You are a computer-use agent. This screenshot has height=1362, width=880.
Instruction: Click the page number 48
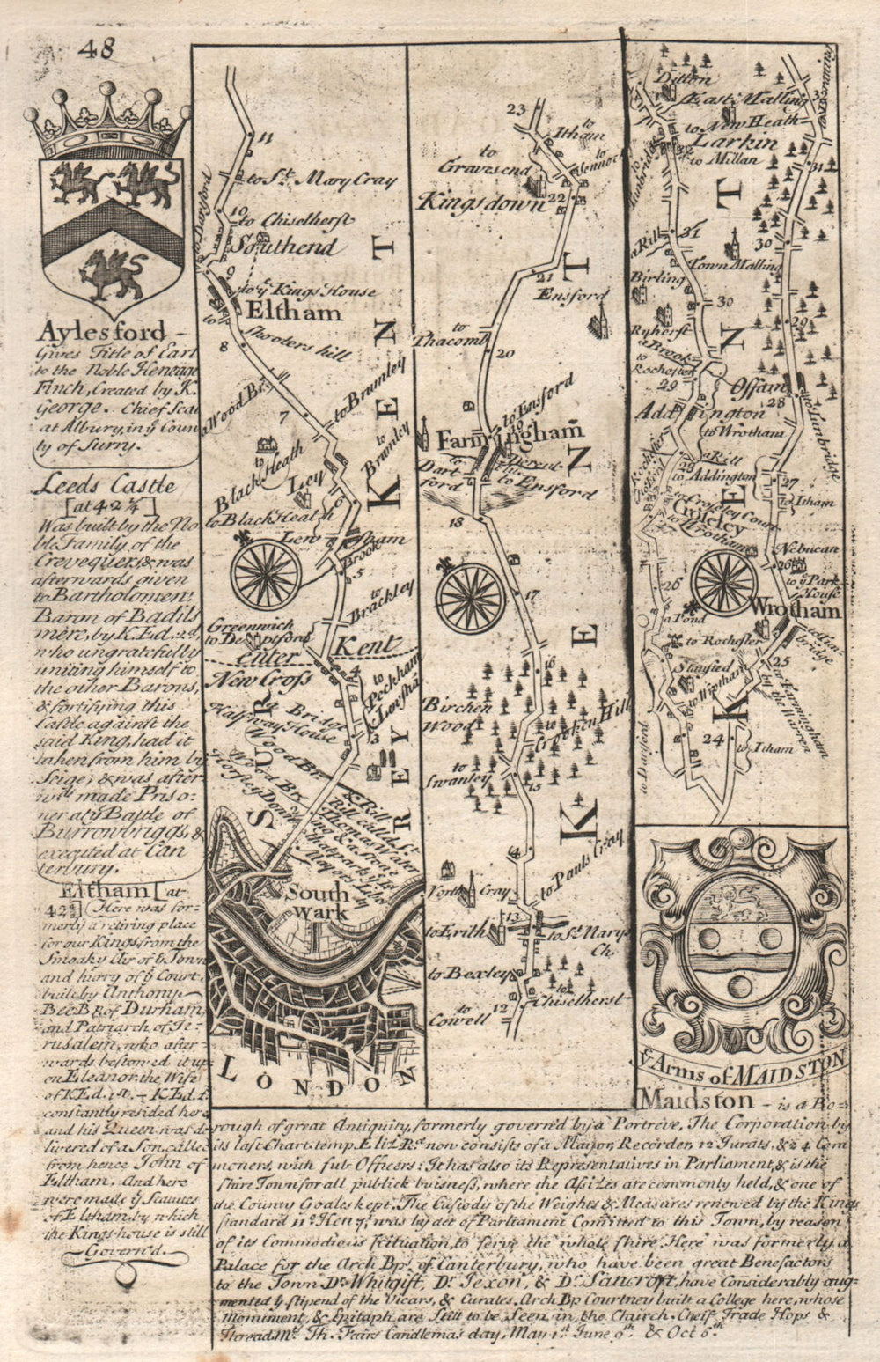click(x=95, y=49)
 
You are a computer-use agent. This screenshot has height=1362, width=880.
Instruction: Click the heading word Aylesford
click(x=102, y=332)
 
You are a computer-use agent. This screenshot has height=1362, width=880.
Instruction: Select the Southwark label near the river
click(x=320, y=903)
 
